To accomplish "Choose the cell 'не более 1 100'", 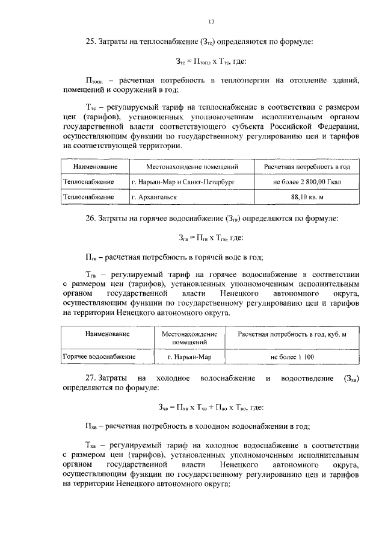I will tap(293, 357).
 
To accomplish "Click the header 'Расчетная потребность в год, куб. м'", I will tap(293, 334).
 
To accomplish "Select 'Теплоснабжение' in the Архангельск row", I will tap(90, 196).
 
